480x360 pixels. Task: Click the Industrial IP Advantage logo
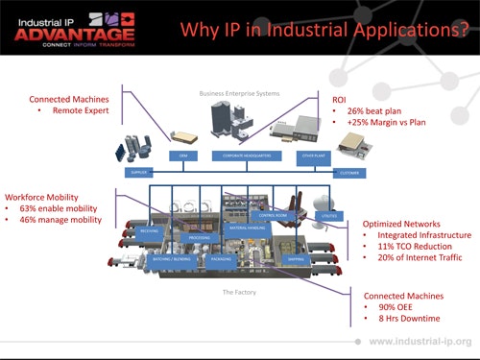(x=73, y=28)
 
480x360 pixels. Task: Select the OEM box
(x=180, y=155)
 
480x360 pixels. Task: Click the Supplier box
(x=138, y=173)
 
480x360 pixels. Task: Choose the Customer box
(x=348, y=173)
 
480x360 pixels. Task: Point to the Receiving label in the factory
(x=150, y=230)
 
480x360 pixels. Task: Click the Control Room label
(x=273, y=216)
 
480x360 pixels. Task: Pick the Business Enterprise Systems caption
(x=238, y=93)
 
